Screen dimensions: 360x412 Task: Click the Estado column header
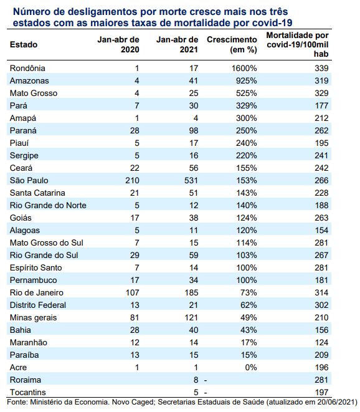[x=24, y=45]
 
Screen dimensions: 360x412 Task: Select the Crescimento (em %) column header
[x=232, y=45]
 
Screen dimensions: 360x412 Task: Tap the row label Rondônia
[x=27, y=69]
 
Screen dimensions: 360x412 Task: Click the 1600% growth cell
[x=244, y=69]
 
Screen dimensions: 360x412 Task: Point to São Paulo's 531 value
[x=191, y=181]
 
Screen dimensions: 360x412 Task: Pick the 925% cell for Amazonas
[x=246, y=80]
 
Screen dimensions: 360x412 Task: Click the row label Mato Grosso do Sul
[x=47, y=243]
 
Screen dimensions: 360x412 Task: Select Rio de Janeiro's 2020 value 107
[x=132, y=293]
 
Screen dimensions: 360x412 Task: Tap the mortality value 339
[x=321, y=69]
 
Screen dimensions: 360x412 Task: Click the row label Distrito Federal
[x=38, y=305]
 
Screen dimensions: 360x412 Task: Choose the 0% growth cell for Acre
[x=251, y=367]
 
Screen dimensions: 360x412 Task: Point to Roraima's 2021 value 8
[x=196, y=380]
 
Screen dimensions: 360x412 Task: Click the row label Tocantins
[x=28, y=392]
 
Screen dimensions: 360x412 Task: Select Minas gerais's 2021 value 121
[x=191, y=318]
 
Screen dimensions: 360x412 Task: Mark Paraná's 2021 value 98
[x=194, y=131]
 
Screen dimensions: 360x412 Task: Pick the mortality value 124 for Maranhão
[x=321, y=343]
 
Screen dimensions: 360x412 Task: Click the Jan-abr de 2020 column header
[x=118, y=45]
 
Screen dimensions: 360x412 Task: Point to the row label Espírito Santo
[x=36, y=268]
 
